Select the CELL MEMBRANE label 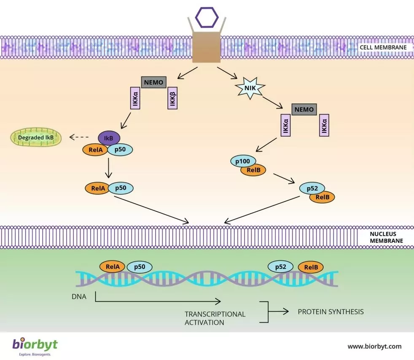click(x=383, y=47)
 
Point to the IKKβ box click(x=172, y=99)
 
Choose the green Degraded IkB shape click(x=36, y=137)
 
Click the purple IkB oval click(x=109, y=138)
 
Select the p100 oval click(x=243, y=161)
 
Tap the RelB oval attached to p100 click(x=253, y=170)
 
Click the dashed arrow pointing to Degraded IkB click(x=79, y=137)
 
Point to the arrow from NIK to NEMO click(x=274, y=103)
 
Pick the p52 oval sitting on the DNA click(x=281, y=267)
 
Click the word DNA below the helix click(x=79, y=297)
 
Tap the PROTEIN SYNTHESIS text click(x=331, y=312)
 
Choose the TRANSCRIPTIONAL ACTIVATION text click(x=215, y=318)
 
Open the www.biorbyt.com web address click(x=374, y=347)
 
